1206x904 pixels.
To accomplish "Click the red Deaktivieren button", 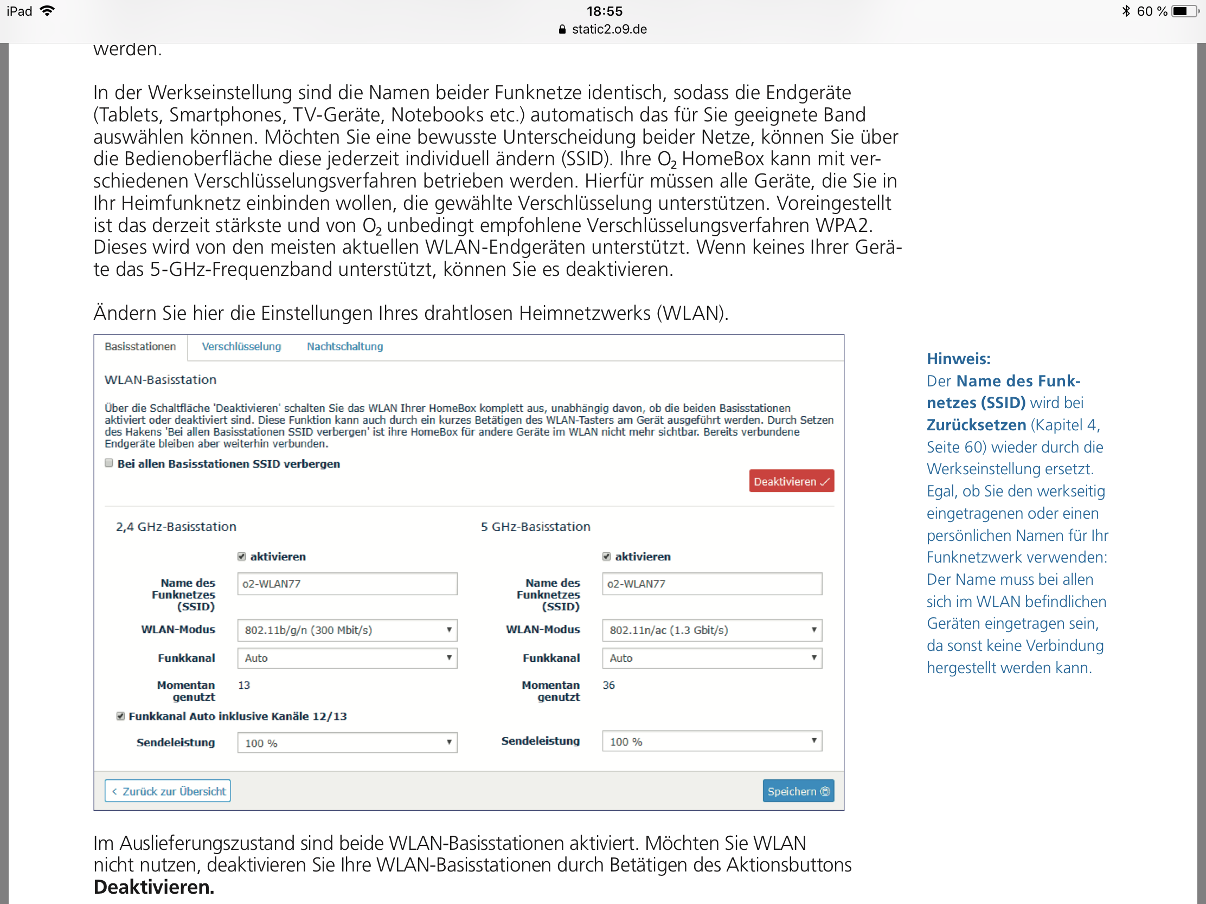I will tap(791, 481).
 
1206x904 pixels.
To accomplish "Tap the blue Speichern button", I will tap(798, 791).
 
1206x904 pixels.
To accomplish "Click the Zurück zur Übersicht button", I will tap(168, 791).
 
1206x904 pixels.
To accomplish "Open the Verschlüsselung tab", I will tap(241, 346).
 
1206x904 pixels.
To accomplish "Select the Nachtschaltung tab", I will tap(344, 346).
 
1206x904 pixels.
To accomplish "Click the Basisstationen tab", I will tap(140, 346).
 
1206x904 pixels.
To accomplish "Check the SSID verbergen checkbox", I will tap(109, 463).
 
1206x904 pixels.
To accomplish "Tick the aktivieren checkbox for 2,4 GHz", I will tap(241, 557).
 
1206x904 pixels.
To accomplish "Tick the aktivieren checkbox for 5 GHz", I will tap(606, 557).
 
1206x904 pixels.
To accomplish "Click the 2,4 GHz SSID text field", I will tap(347, 584).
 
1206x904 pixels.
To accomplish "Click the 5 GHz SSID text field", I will tap(711, 584).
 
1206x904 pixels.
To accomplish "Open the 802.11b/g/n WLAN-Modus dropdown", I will tap(347, 630).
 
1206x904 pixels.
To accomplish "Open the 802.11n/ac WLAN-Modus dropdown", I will tap(711, 630).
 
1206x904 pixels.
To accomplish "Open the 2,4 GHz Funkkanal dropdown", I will tap(347, 658).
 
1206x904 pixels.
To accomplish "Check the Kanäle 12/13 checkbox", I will tap(120, 716).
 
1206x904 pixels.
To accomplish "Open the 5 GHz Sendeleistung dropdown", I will tap(711, 741).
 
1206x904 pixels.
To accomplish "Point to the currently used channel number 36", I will tap(608, 685).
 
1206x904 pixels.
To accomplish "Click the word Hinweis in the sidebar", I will tap(958, 359).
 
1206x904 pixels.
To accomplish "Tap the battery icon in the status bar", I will tap(1183, 11).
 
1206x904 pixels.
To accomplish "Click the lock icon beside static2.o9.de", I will tap(562, 29).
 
